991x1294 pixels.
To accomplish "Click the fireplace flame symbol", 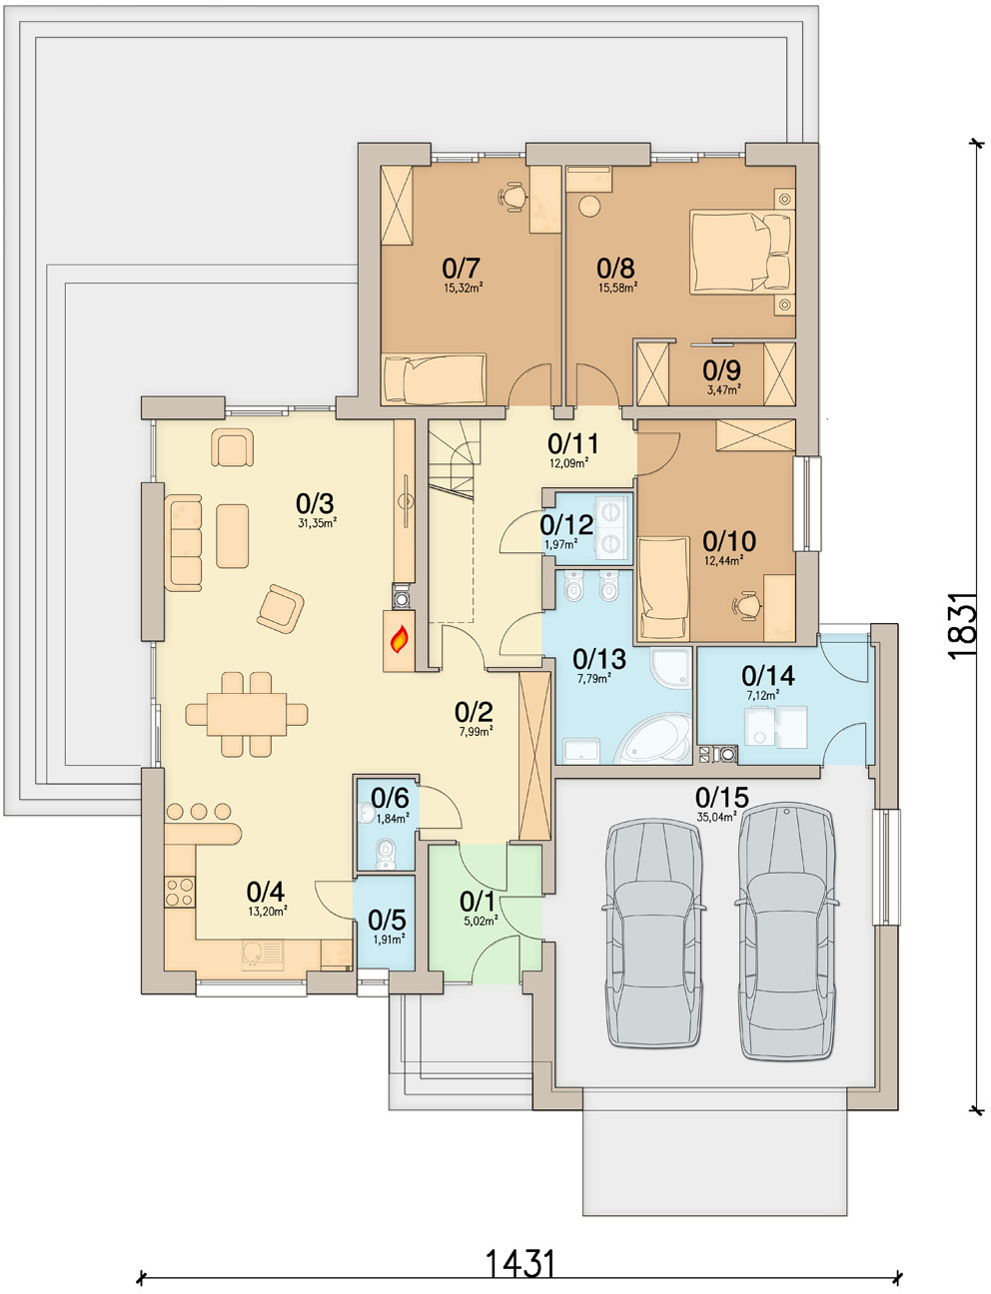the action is tap(399, 639).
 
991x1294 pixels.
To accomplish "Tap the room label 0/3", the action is tap(315, 503).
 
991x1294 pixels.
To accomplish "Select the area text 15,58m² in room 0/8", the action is tap(616, 288).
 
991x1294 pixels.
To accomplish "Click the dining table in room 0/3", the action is tap(247, 715).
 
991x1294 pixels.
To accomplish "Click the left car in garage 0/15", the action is tap(654, 934).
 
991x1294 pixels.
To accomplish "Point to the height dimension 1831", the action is tap(963, 625).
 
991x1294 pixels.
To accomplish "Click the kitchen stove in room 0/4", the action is tap(180, 892).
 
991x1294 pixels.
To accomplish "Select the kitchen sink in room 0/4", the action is tap(263, 955).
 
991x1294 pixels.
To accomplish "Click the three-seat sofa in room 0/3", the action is tap(184, 542).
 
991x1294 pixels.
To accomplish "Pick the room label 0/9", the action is tap(721, 370).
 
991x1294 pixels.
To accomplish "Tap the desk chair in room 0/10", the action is tap(746, 605).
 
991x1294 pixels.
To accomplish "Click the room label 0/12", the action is tap(566, 523).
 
